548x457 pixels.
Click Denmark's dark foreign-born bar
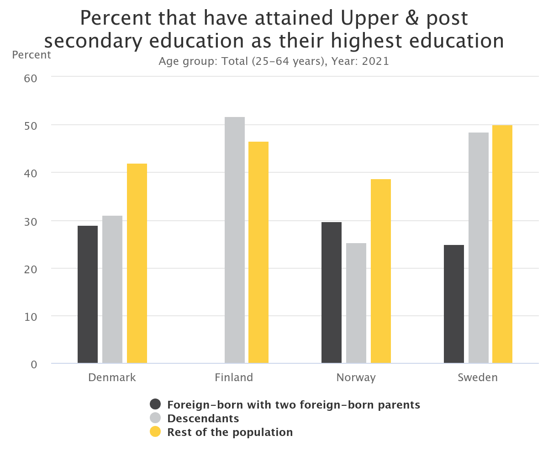pyautogui.click(x=88, y=295)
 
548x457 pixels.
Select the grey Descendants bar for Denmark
pyautogui.click(x=112, y=290)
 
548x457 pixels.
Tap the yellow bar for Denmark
pyautogui.click(x=137, y=264)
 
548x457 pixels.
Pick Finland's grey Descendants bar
pyautogui.click(x=235, y=240)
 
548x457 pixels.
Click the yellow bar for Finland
pyautogui.click(x=258, y=253)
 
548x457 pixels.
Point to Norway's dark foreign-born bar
pyautogui.click(x=332, y=293)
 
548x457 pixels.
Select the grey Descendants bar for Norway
pyautogui.click(x=356, y=303)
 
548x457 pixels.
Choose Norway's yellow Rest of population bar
pyautogui.click(x=381, y=271)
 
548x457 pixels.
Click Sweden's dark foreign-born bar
pyautogui.click(x=454, y=304)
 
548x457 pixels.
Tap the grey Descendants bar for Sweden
pyautogui.click(x=479, y=248)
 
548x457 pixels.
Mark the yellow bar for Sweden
pyautogui.click(x=502, y=244)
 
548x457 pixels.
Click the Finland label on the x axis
pyautogui.click(x=234, y=377)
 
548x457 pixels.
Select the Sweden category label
pyautogui.click(x=478, y=377)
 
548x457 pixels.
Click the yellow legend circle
pyautogui.click(x=156, y=432)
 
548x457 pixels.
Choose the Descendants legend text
pyautogui.click(x=203, y=418)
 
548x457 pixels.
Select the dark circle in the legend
pyautogui.click(x=156, y=404)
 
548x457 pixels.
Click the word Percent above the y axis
pyautogui.click(x=32, y=55)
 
